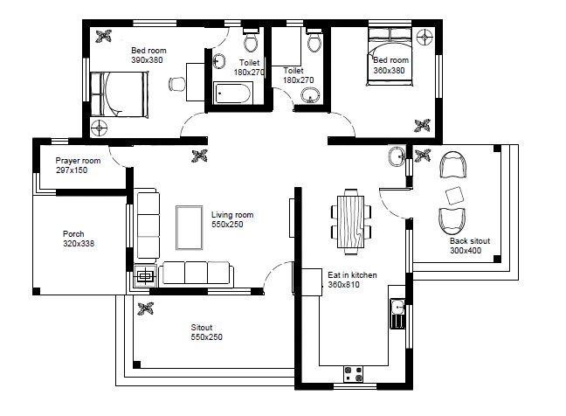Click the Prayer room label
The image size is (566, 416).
click(78, 161)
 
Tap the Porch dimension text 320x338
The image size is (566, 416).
click(79, 243)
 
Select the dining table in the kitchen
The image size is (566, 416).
click(351, 221)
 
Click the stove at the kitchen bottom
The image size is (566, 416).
click(354, 374)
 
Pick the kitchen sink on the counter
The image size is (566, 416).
click(397, 314)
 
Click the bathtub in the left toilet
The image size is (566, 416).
click(233, 94)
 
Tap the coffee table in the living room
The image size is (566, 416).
click(190, 227)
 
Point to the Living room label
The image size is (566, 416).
click(232, 215)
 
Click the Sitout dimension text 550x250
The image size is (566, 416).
click(206, 337)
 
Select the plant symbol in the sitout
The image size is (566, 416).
click(146, 309)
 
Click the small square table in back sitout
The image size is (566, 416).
click(454, 196)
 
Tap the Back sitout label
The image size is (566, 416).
click(470, 241)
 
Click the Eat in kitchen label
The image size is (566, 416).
click(352, 274)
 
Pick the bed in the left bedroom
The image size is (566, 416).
click(119, 94)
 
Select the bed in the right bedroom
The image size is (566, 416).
click(390, 57)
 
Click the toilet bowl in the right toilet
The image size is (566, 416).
click(314, 40)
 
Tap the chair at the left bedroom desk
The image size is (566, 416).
click(176, 84)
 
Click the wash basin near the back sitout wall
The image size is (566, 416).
click(397, 156)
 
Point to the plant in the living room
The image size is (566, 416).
click(200, 156)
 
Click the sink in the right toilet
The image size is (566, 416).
click(310, 95)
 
